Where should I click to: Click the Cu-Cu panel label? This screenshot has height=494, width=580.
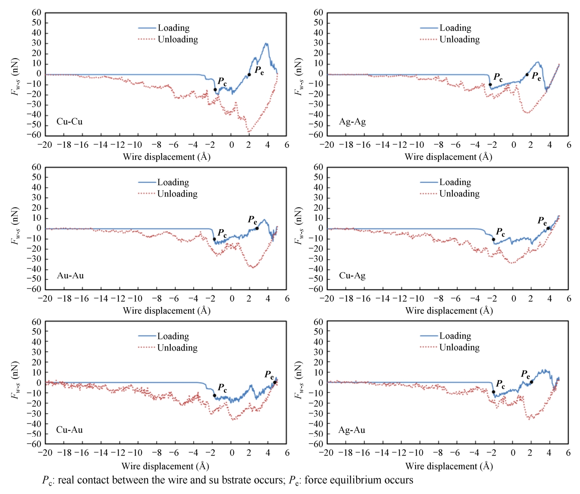tap(69, 121)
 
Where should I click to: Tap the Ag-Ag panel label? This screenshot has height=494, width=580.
tap(352, 121)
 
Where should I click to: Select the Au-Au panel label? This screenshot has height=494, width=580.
tap(70, 275)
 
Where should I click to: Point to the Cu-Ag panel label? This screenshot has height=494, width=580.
tap(352, 275)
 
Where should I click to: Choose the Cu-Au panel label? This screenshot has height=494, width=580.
tap(69, 429)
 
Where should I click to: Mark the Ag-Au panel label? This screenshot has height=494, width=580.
tap(352, 430)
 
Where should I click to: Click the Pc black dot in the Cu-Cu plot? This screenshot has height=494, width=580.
tap(215, 90)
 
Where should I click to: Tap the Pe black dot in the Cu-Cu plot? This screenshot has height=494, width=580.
tap(249, 75)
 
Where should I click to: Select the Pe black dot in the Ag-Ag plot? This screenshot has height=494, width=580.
tap(527, 75)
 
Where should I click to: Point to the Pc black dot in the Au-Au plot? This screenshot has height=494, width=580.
tap(214, 239)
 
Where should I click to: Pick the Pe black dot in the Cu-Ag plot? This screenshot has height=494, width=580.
tap(548, 228)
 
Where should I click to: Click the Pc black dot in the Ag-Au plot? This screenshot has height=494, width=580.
tap(493, 392)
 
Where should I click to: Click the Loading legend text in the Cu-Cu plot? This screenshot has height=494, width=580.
tap(173, 28)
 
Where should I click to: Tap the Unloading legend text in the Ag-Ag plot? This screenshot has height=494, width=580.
tap(459, 39)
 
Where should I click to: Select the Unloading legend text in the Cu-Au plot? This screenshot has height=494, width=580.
tap(177, 347)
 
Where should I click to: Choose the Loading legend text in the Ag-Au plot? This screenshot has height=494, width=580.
tap(455, 336)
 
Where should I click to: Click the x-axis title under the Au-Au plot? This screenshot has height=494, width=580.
tap(166, 311)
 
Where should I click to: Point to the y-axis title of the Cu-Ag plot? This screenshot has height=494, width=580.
tap(298, 226)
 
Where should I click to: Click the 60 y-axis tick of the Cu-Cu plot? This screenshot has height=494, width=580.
tap(37, 12)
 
